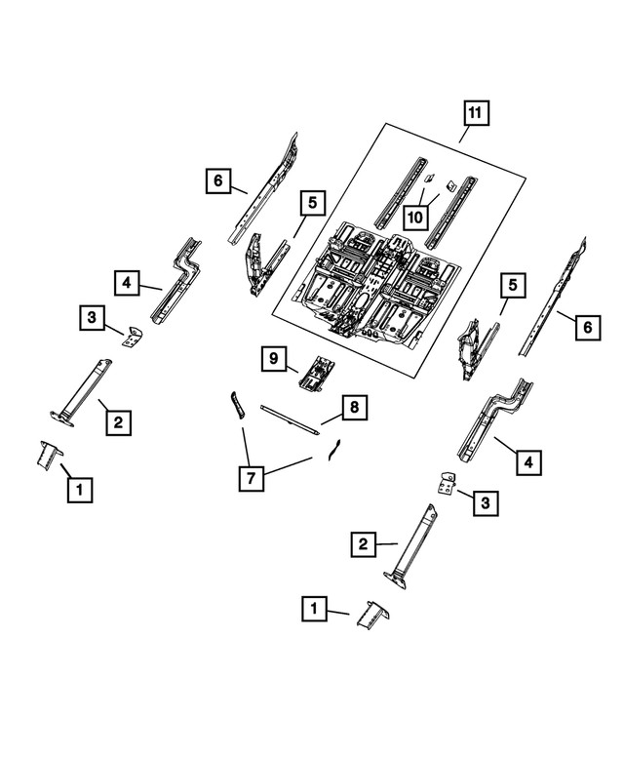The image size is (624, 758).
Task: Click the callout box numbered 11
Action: coord(474,115)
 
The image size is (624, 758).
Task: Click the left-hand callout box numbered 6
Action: coord(219,180)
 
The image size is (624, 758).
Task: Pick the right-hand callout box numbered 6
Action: coord(587,329)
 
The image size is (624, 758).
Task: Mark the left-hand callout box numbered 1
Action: coord(79,488)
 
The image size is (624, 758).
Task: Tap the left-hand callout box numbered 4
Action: coord(128,284)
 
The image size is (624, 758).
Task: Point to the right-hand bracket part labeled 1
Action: coord(373,618)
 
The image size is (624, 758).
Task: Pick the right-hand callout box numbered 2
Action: coord(363,542)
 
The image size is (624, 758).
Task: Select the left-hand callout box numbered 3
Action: coord(91,317)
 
